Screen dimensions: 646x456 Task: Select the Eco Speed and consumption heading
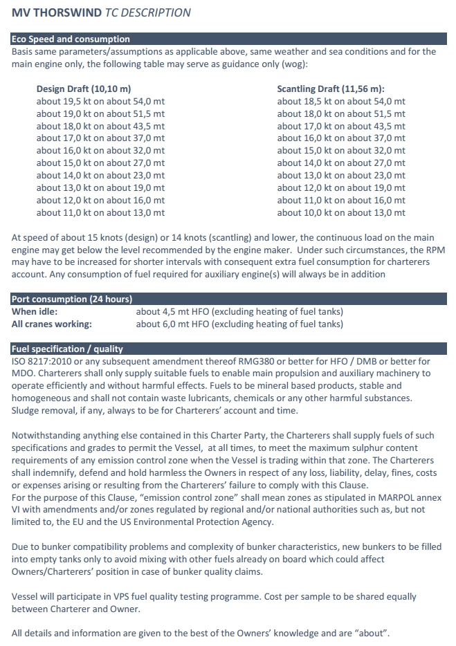[x=71, y=39]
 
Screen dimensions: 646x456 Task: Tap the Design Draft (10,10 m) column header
[x=83, y=89]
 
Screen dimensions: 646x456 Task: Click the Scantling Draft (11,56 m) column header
[x=331, y=89]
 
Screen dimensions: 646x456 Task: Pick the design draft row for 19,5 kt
[x=100, y=101]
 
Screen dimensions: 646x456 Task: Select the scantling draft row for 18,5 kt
[x=341, y=101]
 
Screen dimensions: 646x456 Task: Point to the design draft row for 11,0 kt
[x=100, y=213]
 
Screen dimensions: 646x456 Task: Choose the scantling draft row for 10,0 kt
[x=341, y=213]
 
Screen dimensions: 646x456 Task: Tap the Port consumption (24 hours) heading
[x=72, y=299]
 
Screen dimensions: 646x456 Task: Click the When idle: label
[x=35, y=311]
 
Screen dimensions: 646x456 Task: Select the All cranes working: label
[x=52, y=324]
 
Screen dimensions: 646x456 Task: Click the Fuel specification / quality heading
[x=68, y=349]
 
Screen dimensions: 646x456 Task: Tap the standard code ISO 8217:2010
[x=44, y=361]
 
